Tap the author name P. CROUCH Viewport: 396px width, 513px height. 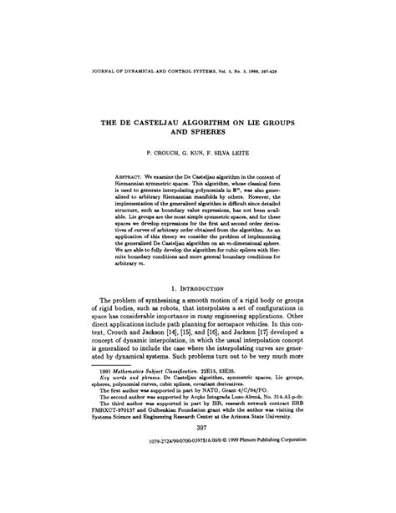pyautogui.click(x=154, y=155)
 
